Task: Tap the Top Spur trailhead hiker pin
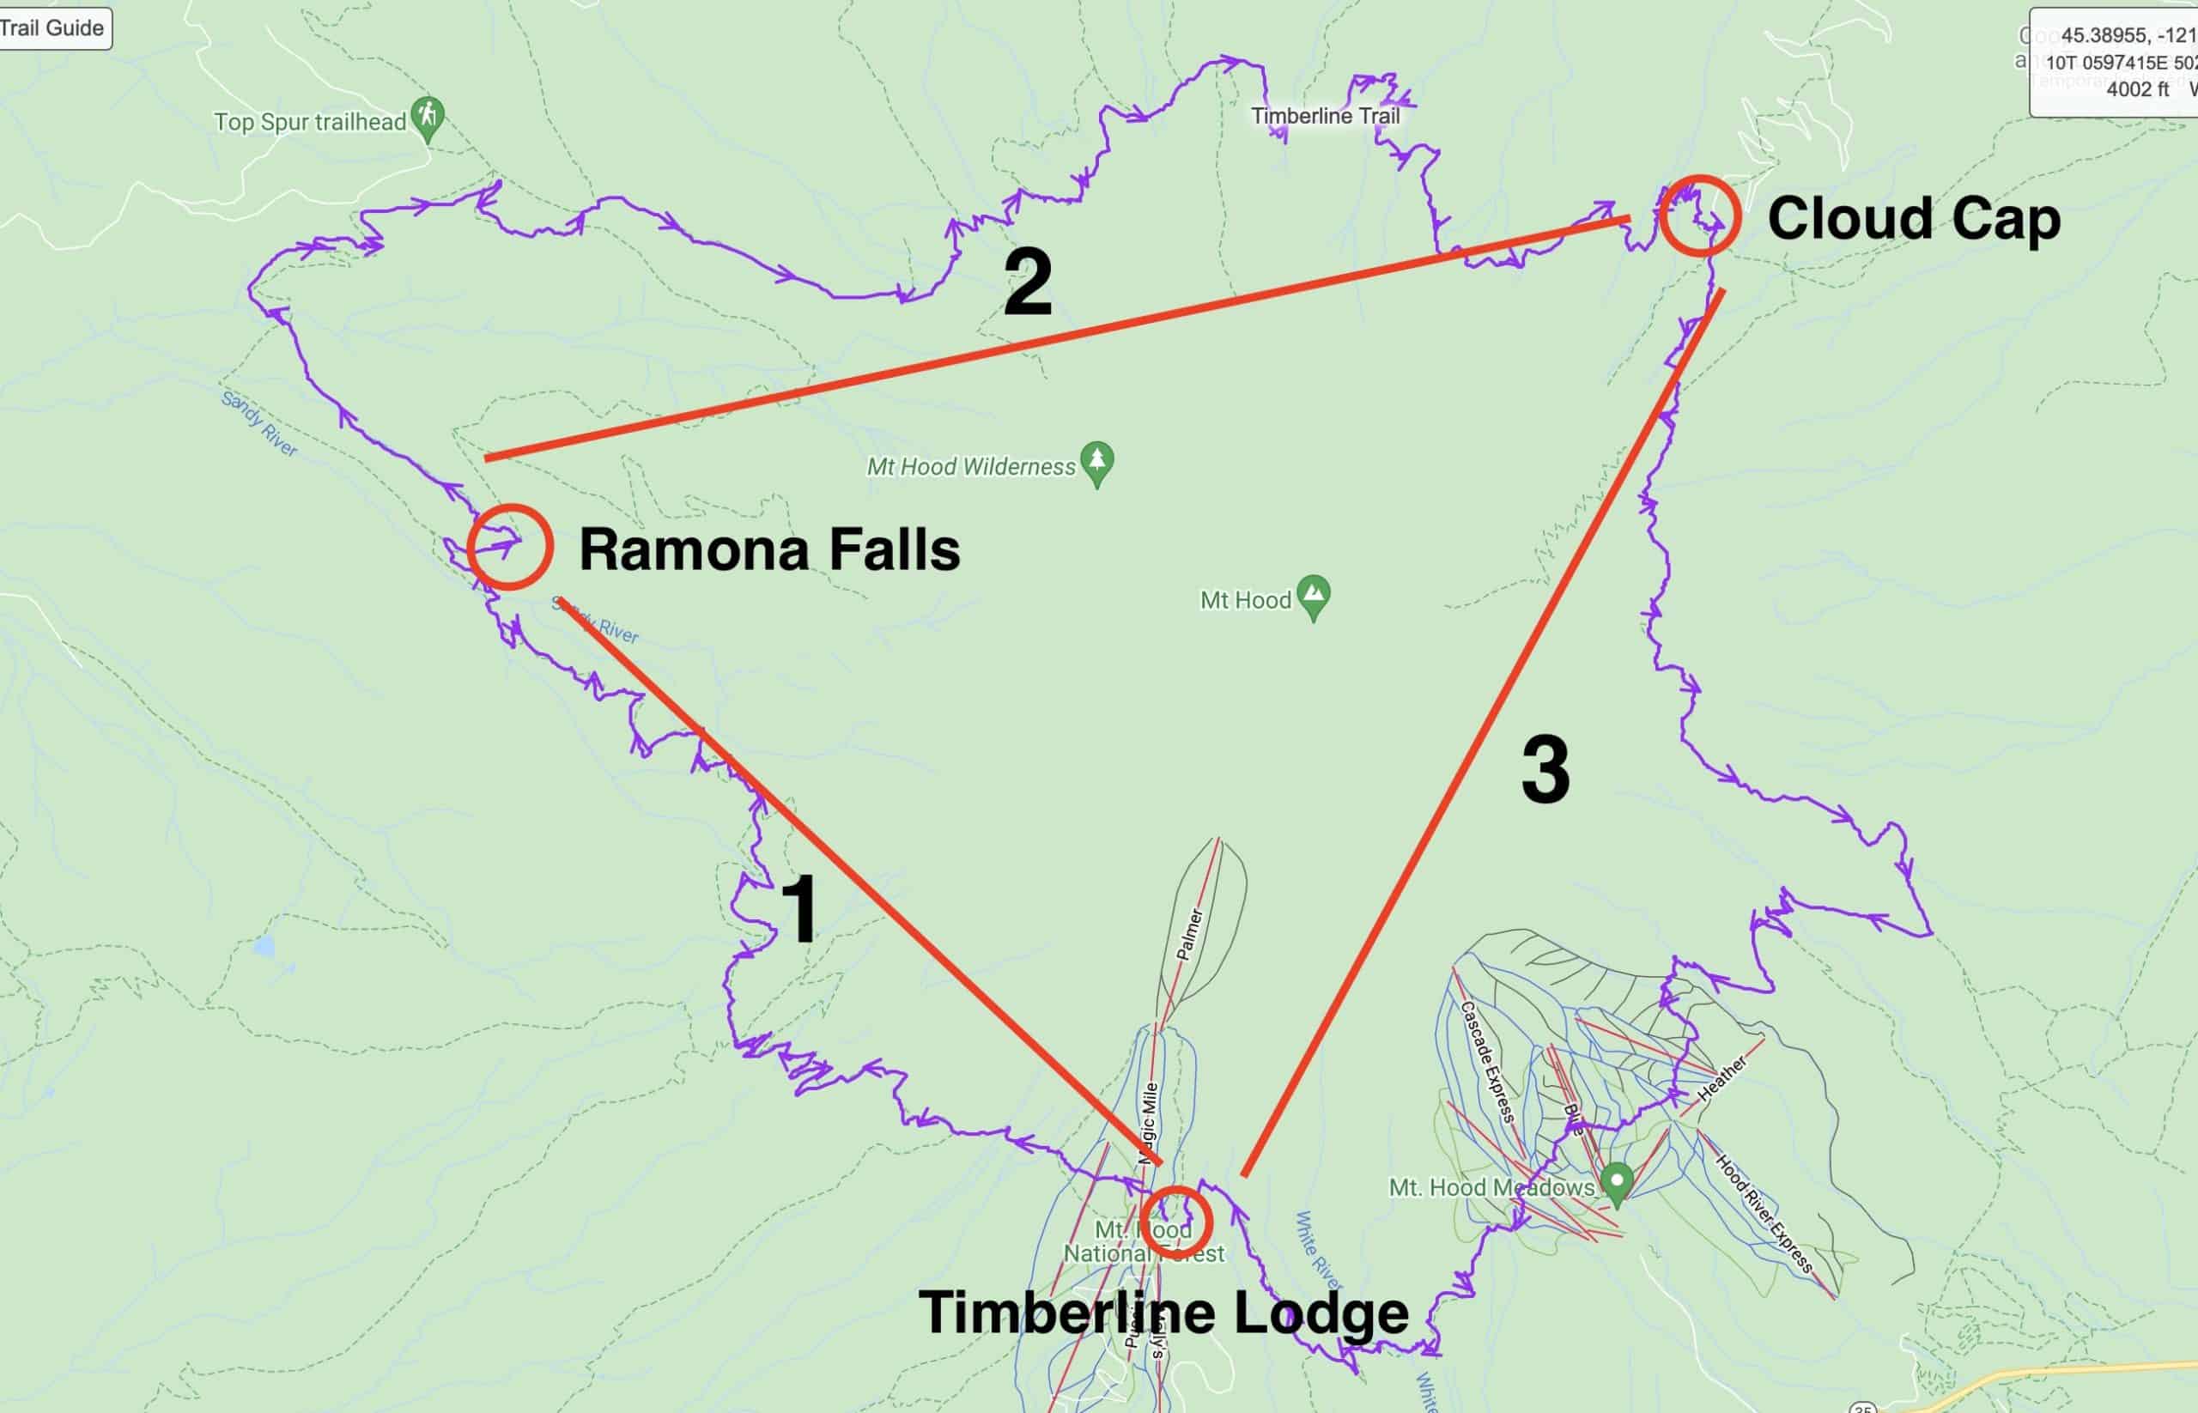coord(428,118)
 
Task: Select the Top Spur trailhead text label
coord(309,122)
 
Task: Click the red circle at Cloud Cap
coord(1700,215)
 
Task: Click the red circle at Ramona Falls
coord(509,547)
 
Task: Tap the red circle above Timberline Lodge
coord(1175,1222)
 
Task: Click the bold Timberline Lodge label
coord(1163,1312)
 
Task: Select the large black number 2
coord(1027,282)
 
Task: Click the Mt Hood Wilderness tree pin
coord(1096,463)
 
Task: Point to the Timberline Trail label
coord(1325,117)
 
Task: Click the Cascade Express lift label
coord(1486,1061)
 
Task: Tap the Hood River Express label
coord(1764,1213)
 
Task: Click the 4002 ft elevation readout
coord(2137,90)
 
